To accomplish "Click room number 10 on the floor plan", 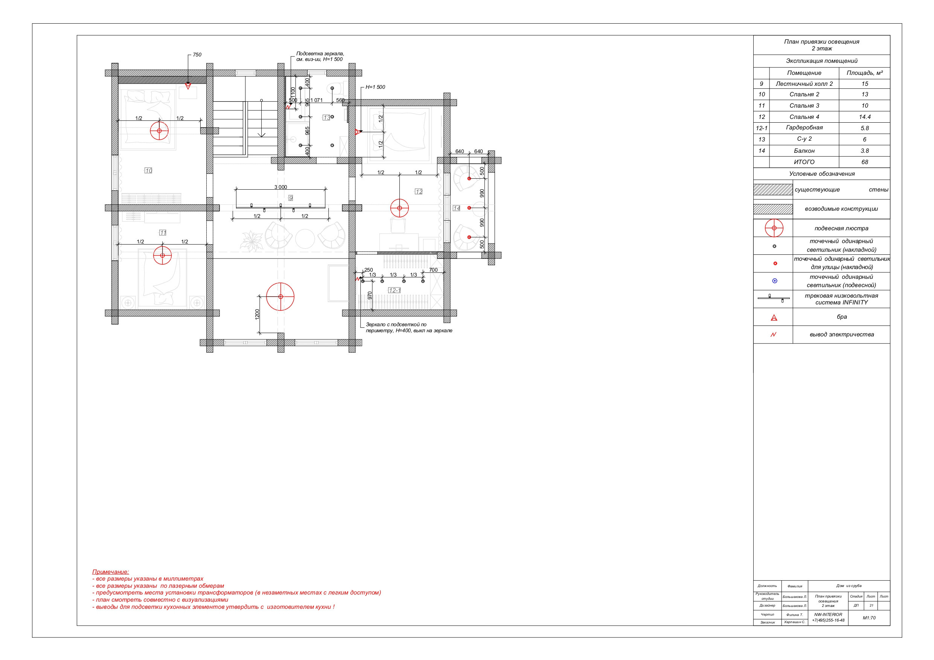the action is (148, 170).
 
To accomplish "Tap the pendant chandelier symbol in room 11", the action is (163, 255).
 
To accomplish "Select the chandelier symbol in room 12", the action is (399, 208).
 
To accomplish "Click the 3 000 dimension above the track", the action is (281, 187).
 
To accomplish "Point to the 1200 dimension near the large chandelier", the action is (257, 314).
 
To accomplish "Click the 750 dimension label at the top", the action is (197, 55).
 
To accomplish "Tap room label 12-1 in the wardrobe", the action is (395, 290).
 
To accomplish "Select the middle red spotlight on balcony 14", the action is (469, 208).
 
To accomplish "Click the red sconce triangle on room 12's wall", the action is (357, 132).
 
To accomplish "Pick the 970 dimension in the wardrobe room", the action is (370, 296).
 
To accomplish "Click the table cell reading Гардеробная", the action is (804, 128).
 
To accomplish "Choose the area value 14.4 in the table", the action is (864, 117).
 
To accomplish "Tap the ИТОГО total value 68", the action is (864, 162).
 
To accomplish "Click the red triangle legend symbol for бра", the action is (774, 318).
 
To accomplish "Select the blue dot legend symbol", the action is (774, 281).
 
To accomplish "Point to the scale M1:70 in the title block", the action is (869, 618).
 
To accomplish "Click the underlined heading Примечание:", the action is (111, 572).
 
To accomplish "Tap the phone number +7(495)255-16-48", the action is (828, 620).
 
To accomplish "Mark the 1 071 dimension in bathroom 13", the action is (317, 100).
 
